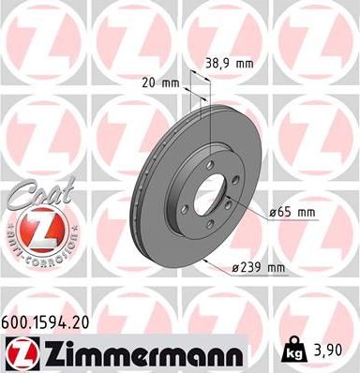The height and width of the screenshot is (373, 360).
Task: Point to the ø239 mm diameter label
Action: pyautogui.click(x=258, y=269)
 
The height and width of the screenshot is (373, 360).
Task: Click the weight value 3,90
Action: pyautogui.click(x=334, y=351)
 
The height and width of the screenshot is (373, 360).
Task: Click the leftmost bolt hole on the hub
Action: pyautogui.click(x=185, y=194)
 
